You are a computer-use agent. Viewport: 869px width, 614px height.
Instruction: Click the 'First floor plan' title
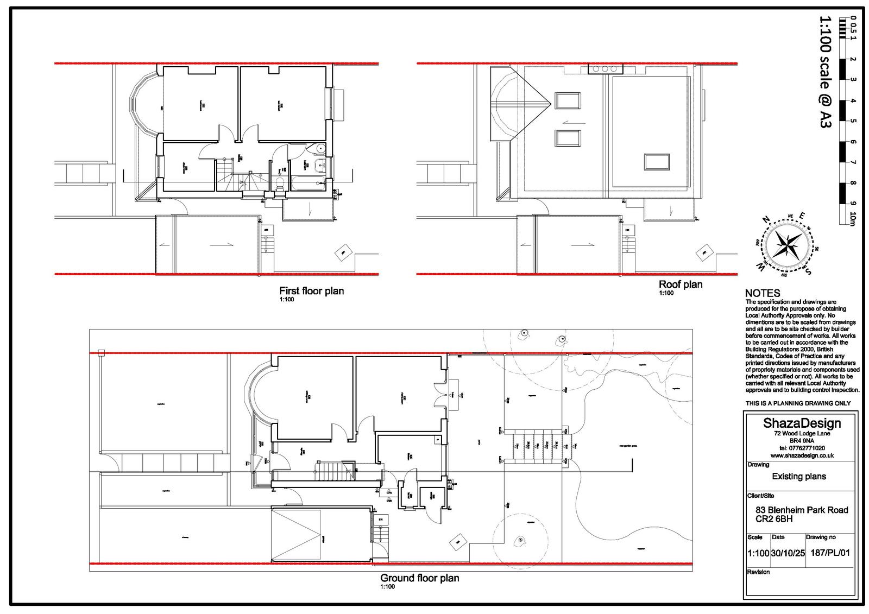pyautogui.click(x=311, y=291)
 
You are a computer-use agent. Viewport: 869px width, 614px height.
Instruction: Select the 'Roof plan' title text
pyautogui.click(x=680, y=284)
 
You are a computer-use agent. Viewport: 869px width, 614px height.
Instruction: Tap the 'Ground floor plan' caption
pyautogui.click(x=419, y=578)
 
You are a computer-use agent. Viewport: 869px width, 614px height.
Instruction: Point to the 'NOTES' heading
pyautogui.click(x=763, y=293)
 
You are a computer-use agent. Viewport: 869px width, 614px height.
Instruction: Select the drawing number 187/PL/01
pyautogui.click(x=830, y=553)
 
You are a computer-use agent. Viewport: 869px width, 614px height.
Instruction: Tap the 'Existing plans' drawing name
pyautogui.click(x=799, y=477)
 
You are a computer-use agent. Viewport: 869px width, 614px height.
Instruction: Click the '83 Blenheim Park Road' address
pyautogui.click(x=802, y=510)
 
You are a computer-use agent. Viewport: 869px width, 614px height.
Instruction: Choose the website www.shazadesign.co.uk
pyautogui.click(x=802, y=455)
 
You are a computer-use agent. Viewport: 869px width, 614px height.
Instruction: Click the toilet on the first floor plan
pyautogui.click(x=280, y=182)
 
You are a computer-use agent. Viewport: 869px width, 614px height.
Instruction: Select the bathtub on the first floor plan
pyautogui.click(x=308, y=183)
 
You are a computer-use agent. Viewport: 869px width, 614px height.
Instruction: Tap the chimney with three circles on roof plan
pyautogui.click(x=604, y=68)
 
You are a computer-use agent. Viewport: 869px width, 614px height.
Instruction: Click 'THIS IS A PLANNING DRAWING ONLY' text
pyautogui.click(x=798, y=403)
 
